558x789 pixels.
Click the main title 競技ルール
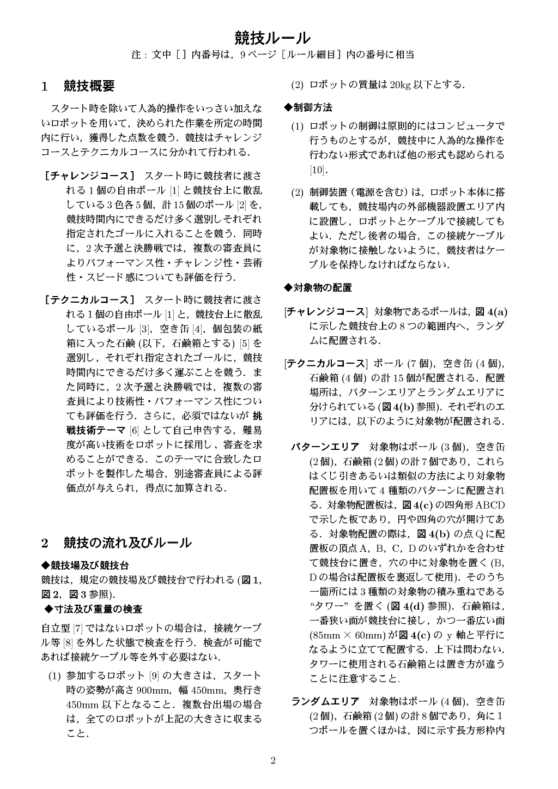(272, 38)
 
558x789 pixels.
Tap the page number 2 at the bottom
(273, 761)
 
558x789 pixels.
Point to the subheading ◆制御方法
(308, 107)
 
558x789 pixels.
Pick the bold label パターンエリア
(325, 447)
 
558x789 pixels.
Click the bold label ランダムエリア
(325, 701)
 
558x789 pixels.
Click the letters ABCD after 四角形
(490, 504)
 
